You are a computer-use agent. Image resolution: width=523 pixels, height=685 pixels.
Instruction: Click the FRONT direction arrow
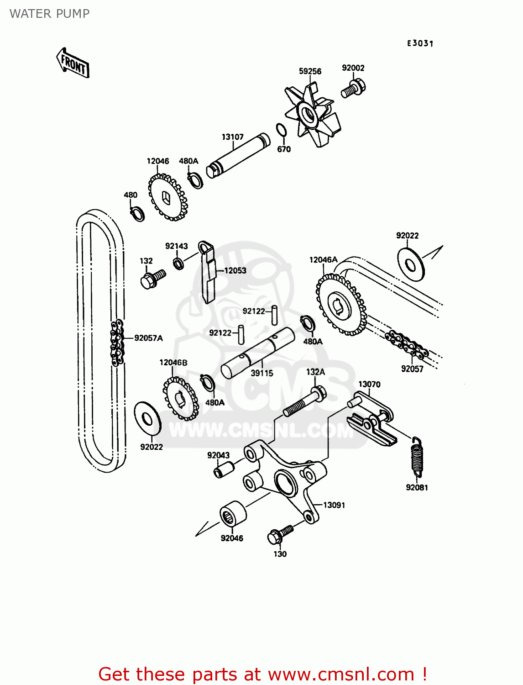[x=73, y=63]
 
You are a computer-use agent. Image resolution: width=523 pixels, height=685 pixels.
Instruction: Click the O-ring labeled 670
[x=282, y=130]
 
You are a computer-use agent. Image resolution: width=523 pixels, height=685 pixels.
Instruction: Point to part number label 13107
[x=232, y=137]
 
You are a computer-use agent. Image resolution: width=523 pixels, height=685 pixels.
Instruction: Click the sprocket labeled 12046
[x=167, y=198]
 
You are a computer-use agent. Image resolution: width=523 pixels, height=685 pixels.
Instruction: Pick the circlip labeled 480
[x=137, y=213]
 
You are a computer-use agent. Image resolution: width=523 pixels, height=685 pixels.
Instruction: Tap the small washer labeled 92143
[x=178, y=263]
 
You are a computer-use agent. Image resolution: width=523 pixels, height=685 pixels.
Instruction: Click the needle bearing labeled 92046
[x=233, y=514]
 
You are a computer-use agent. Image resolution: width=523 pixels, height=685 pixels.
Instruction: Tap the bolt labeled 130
[x=279, y=534]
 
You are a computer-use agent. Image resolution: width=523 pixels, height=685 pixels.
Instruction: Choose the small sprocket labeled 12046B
[x=181, y=398]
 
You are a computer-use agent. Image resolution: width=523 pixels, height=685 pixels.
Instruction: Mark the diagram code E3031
[x=420, y=43]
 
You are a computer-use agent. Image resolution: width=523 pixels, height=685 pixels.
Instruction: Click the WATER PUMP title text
[x=49, y=14]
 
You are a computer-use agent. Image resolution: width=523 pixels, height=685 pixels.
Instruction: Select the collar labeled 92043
[x=224, y=469]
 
